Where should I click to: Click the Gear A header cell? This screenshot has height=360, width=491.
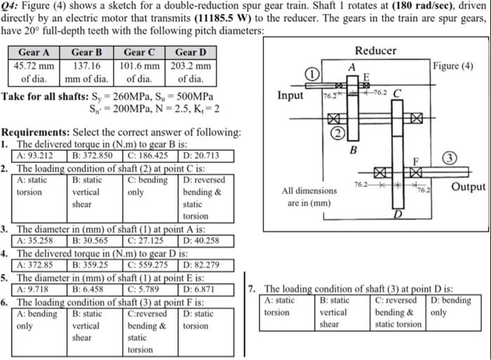click(x=34, y=52)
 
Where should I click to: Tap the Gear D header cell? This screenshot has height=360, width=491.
click(x=190, y=52)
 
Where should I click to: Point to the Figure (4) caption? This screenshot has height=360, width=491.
click(x=452, y=66)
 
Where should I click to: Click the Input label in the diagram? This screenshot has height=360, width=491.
click(x=290, y=95)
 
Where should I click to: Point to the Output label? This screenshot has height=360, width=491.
click(x=468, y=187)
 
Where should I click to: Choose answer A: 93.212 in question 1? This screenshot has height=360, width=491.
click(x=35, y=156)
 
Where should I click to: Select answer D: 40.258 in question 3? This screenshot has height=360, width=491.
click(x=201, y=240)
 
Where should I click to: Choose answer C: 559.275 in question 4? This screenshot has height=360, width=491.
click(x=149, y=265)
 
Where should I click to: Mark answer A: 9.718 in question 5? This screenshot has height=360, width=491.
click(x=34, y=288)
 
